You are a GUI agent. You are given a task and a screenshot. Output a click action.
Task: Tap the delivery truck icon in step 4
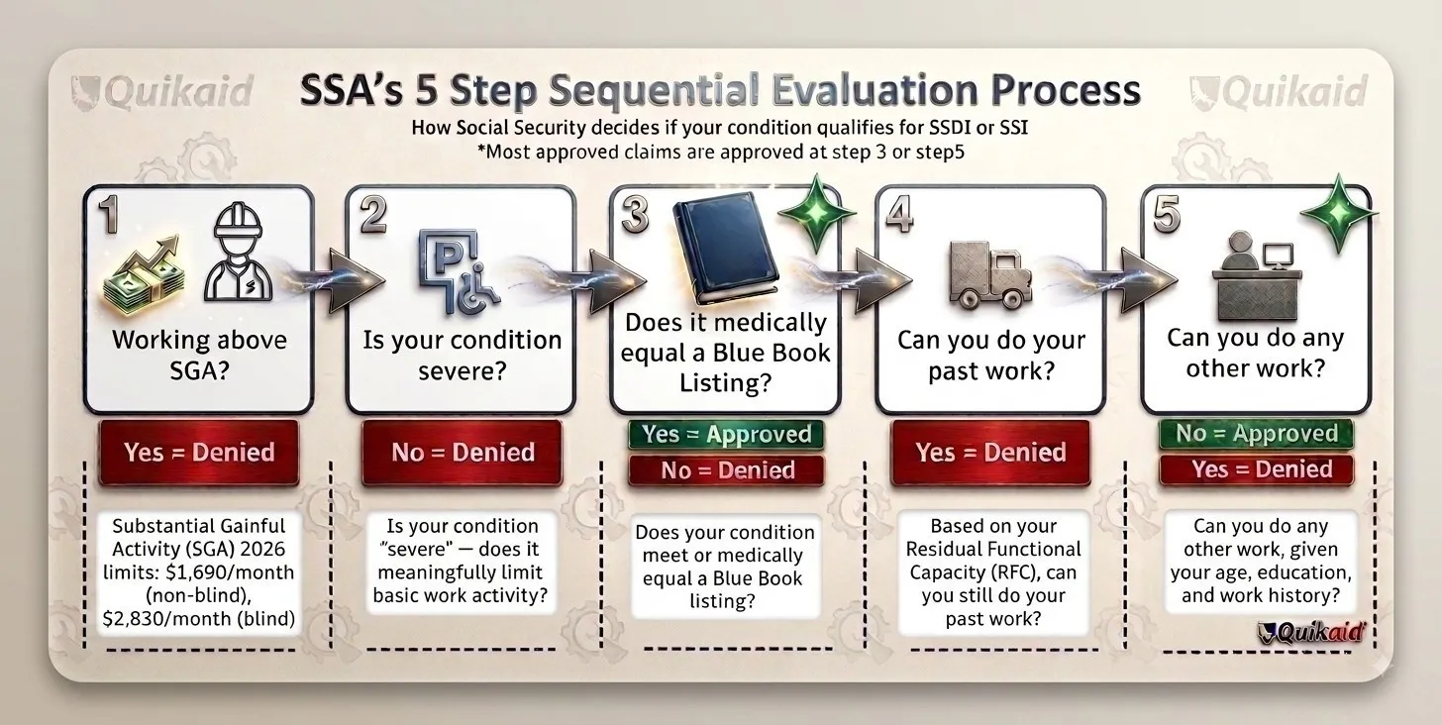pyautogui.click(x=990, y=273)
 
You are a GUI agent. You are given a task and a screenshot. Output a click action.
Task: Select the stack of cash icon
pyautogui.click(x=144, y=275)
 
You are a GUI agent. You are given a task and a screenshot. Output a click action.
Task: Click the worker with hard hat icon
pyautogui.click(x=238, y=253)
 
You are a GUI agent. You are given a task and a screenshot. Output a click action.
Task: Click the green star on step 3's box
pyautogui.click(x=817, y=213)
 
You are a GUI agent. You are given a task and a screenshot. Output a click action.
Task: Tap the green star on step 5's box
pyautogui.click(x=1339, y=213)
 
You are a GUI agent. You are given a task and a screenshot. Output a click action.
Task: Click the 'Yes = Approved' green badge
pyautogui.click(x=726, y=435)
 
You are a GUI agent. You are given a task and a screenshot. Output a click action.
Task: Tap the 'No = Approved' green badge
pyautogui.click(x=1257, y=434)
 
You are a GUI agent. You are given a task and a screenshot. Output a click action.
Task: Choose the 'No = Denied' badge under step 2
pyautogui.click(x=463, y=453)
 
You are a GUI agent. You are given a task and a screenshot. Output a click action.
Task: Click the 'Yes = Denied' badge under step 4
pyautogui.click(x=990, y=453)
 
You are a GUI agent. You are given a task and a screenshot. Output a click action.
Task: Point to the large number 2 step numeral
pyautogui.click(x=373, y=214)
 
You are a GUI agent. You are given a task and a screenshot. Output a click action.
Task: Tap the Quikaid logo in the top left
pyautogui.click(x=162, y=91)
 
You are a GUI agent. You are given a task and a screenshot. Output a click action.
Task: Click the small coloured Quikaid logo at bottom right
pyautogui.click(x=1310, y=632)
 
